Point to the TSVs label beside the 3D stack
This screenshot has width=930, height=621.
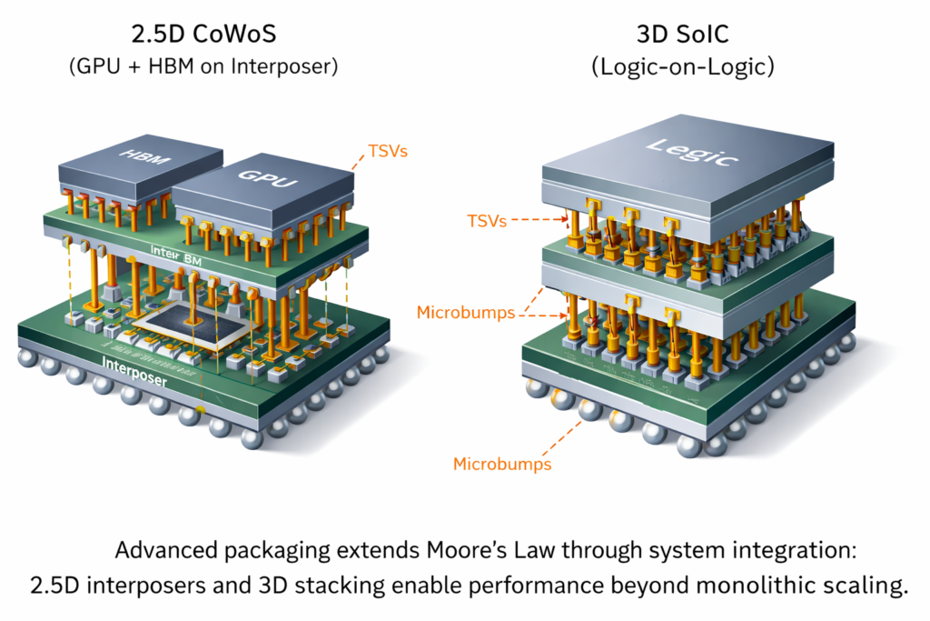485,219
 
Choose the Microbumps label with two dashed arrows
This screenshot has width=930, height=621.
466,313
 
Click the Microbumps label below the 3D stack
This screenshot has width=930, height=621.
502,465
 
